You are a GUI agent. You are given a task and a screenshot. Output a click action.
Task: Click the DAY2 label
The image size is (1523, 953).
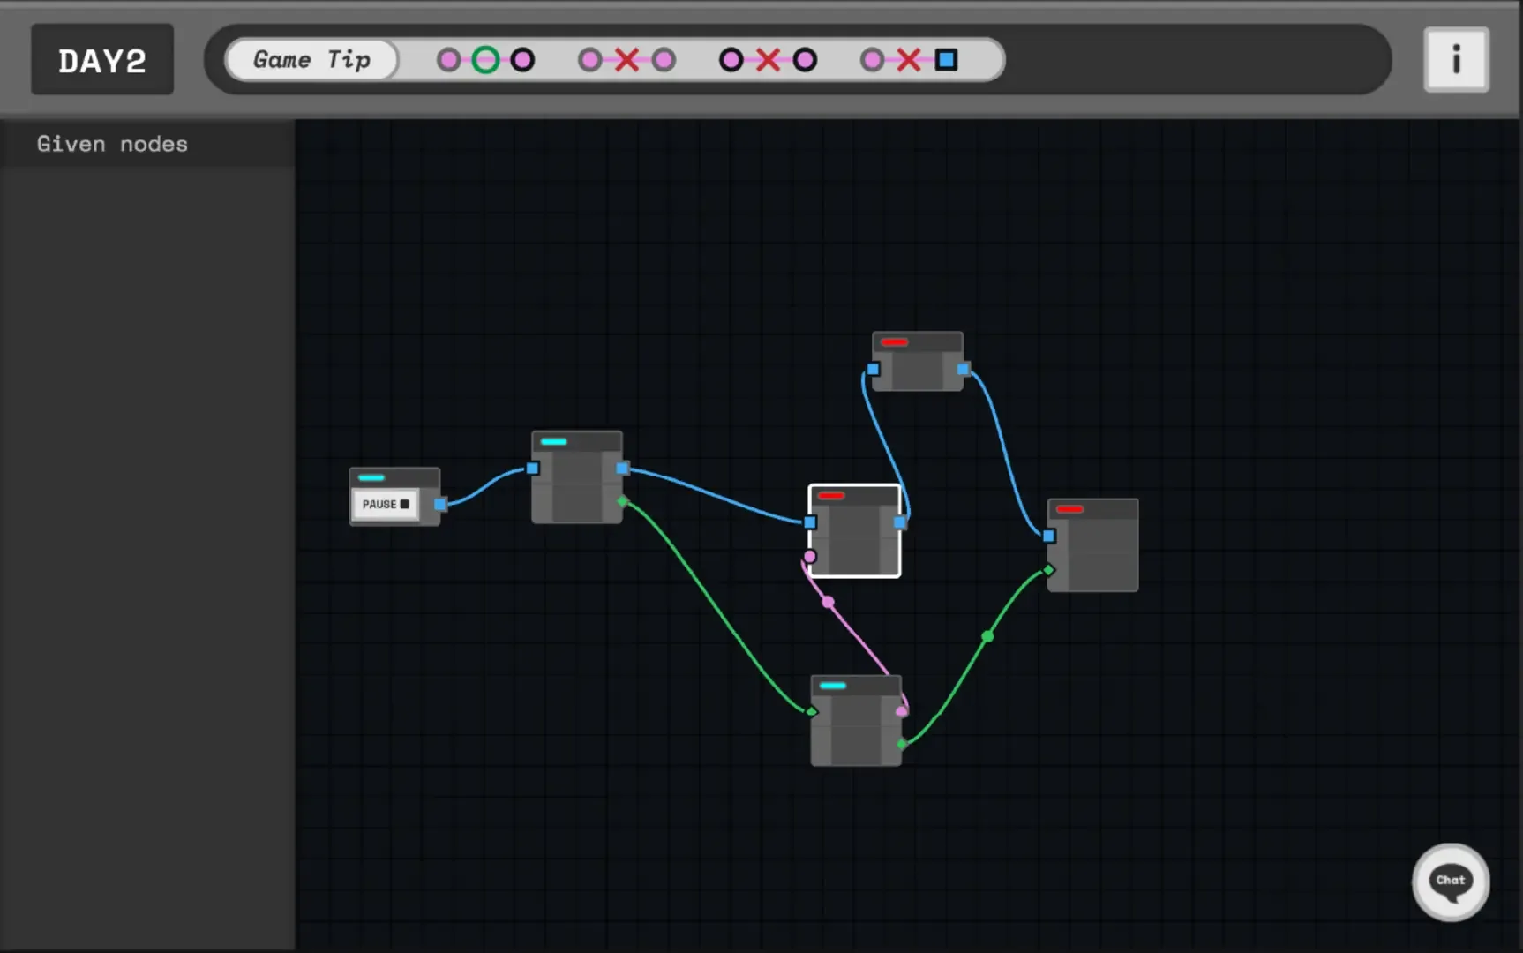coord(102,60)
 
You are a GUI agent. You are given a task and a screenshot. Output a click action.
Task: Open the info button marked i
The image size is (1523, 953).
coord(1456,60)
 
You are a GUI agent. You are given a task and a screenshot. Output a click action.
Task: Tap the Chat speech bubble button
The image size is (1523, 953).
coord(1451,882)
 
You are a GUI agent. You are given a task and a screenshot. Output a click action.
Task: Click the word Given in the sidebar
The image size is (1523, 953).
coord(71,144)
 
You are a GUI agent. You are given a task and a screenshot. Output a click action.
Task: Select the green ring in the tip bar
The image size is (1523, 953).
coord(485,60)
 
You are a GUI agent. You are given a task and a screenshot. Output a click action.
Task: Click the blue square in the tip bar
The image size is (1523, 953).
coord(946,60)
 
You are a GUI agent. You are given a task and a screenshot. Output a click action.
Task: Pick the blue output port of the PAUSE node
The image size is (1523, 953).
coord(440,504)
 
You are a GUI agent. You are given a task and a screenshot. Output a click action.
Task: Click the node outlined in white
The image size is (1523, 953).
coord(854,531)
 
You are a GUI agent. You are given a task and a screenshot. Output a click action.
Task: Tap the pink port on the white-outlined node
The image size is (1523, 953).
coord(810,556)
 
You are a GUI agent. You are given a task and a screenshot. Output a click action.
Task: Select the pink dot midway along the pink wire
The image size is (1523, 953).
coord(828,602)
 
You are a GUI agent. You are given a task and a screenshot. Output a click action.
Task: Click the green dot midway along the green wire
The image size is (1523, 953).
coord(987,636)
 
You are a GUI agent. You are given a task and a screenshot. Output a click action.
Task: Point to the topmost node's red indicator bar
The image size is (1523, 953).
coord(894,342)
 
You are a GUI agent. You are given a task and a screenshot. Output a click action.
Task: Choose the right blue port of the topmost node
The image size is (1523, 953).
coord(963,369)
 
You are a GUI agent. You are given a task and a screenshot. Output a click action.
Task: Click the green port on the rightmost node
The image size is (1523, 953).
coord(1048,570)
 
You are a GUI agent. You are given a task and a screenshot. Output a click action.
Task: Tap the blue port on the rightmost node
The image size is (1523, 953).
coord(1049,536)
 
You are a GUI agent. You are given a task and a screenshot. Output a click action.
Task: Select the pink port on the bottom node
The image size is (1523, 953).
coord(901,711)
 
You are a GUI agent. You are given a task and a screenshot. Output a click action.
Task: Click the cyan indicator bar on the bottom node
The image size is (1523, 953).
coord(832,686)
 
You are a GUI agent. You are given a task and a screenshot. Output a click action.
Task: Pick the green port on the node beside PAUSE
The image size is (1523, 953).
coord(623,501)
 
